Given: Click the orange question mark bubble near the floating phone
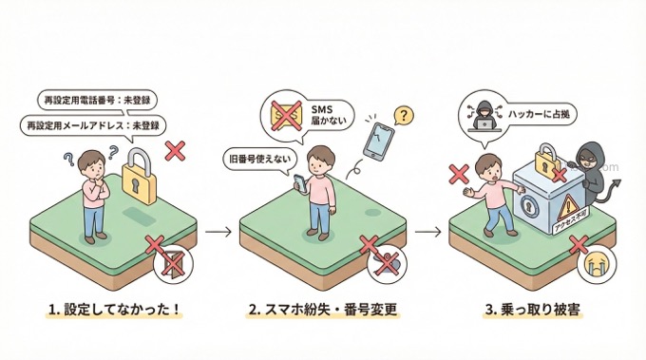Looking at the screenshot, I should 405,116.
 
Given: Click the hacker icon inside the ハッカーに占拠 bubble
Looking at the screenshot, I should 480,112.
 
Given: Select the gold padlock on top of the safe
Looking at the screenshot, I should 545,160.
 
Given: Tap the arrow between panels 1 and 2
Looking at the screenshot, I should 218,230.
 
